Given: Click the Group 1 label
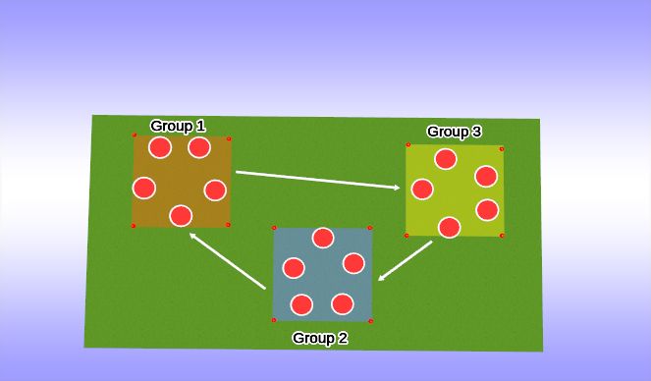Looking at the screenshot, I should click(x=178, y=126).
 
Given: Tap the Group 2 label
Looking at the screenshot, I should click(x=320, y=339).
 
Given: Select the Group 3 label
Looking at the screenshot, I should click(x=454, y=132).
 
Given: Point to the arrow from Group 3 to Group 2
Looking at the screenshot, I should click(x=406, y=260).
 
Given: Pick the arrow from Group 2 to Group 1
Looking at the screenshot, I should click(x=227, y=260).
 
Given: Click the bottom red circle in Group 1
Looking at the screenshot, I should click(x=180, y=215).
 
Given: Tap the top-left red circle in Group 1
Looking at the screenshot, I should click(x=160, y=147).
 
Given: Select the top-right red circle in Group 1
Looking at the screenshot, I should click(x=199, y=147).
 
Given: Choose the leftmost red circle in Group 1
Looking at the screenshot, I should click(x=144, y=188).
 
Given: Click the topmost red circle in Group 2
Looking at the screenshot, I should click(x=323, y=238).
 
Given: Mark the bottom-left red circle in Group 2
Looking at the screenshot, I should click(x=301, y=304).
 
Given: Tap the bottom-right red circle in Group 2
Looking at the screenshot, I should click(x=343, y=303).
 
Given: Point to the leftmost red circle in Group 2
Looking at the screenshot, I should click(x=294, y=267).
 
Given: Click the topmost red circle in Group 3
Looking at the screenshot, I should click(x=446, y=158).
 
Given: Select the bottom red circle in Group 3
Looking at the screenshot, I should click(x=449, y=227).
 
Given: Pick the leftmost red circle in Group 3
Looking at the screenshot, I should click(x=422, y=189).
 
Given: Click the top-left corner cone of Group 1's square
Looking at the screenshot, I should click(x=135, y=135).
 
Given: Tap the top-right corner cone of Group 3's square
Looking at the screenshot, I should click(x=502, y=149).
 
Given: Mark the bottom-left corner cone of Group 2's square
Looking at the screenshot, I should click(x=274, y=319).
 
